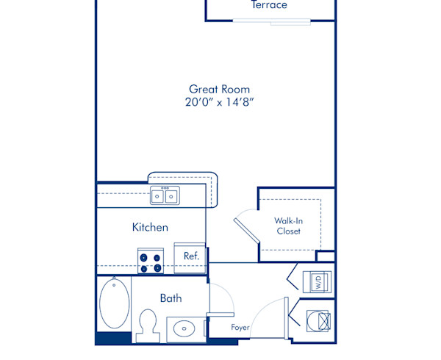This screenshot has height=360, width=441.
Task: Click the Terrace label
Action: pyautogui.click(x=269, y=5)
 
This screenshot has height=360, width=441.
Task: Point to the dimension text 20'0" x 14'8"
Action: pyautogui.click(x=225, y=103)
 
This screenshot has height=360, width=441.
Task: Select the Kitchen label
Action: pyautogui.click(x=150, y=227)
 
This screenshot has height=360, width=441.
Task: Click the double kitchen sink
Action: pyautogui.click(x=164, y=195)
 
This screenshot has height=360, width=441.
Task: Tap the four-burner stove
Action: pyautogui.click(x=151, y=262)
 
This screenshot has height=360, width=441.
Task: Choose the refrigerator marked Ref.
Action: pyautogui.click(x=191, y=256)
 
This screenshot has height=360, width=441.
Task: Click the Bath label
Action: pyautogui.click(x=171, y=298)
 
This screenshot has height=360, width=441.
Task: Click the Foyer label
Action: pyautogui.click(x=240, y=327)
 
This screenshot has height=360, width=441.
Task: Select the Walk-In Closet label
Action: pyautogui.click(x=288, y=226)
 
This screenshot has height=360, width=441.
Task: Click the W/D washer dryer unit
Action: pyautogui.click(x=318, y=281)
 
